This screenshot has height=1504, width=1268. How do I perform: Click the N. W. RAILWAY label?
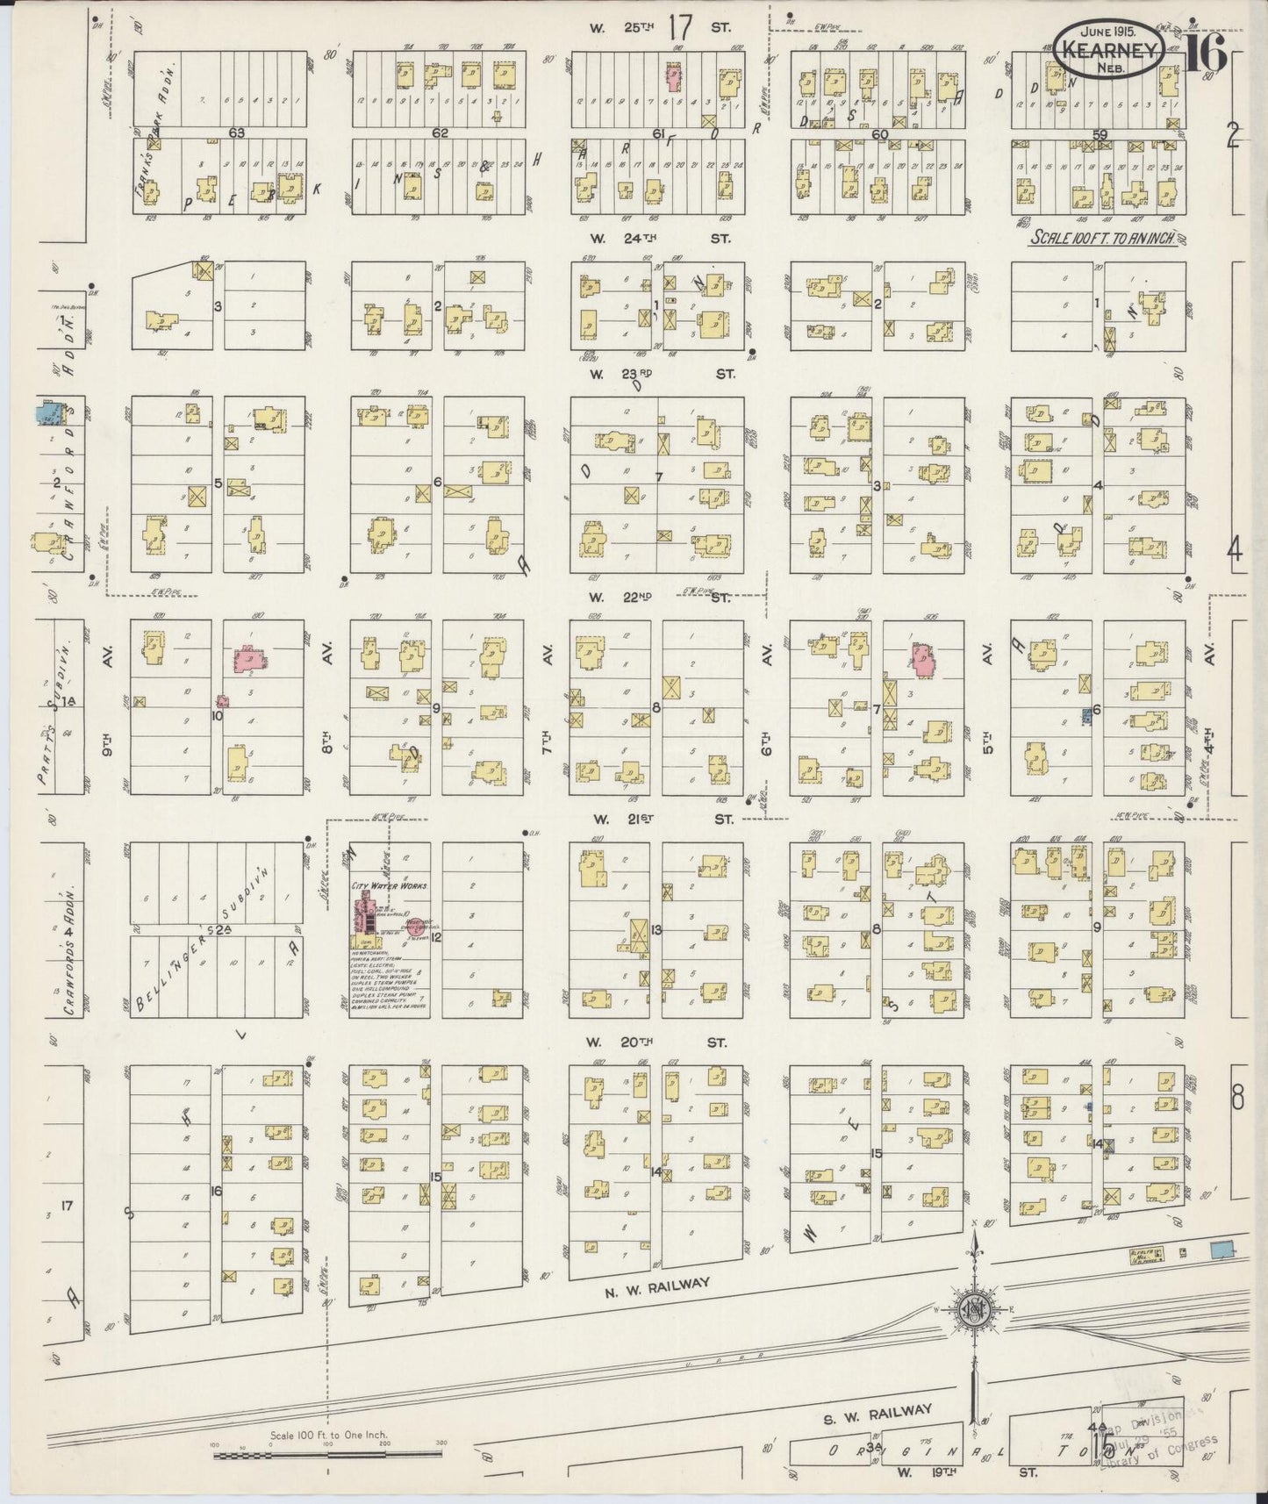click(x=655, y=1282)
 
